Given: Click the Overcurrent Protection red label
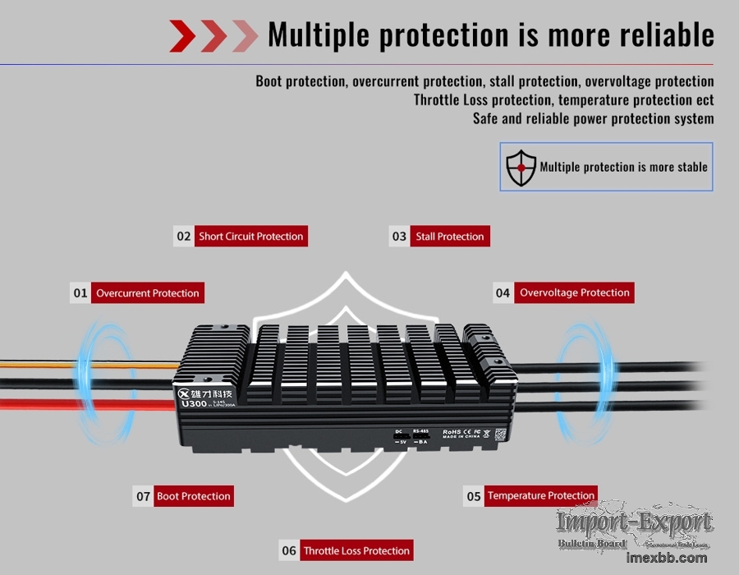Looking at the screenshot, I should (147, 293).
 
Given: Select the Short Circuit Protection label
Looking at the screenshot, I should (250, 237).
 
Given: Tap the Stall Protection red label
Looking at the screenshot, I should (450, 237).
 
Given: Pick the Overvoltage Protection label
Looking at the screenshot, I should (574, 292).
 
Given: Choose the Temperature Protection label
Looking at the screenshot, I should (540, 496).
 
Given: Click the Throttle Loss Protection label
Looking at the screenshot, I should (356, 551).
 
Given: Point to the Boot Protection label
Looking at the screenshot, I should (194, 496).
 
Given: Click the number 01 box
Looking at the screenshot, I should (80, 293).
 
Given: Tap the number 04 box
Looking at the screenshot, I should (503, 292).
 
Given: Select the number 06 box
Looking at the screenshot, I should (289, 551).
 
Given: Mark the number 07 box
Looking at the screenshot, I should (143, 496).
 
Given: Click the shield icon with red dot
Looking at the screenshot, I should (521, 167).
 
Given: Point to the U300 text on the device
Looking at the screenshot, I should (194, 403).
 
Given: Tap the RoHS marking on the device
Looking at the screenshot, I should (452, 431).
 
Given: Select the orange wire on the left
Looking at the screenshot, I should (49, 362).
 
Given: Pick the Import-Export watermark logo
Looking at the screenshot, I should (634, 522).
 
